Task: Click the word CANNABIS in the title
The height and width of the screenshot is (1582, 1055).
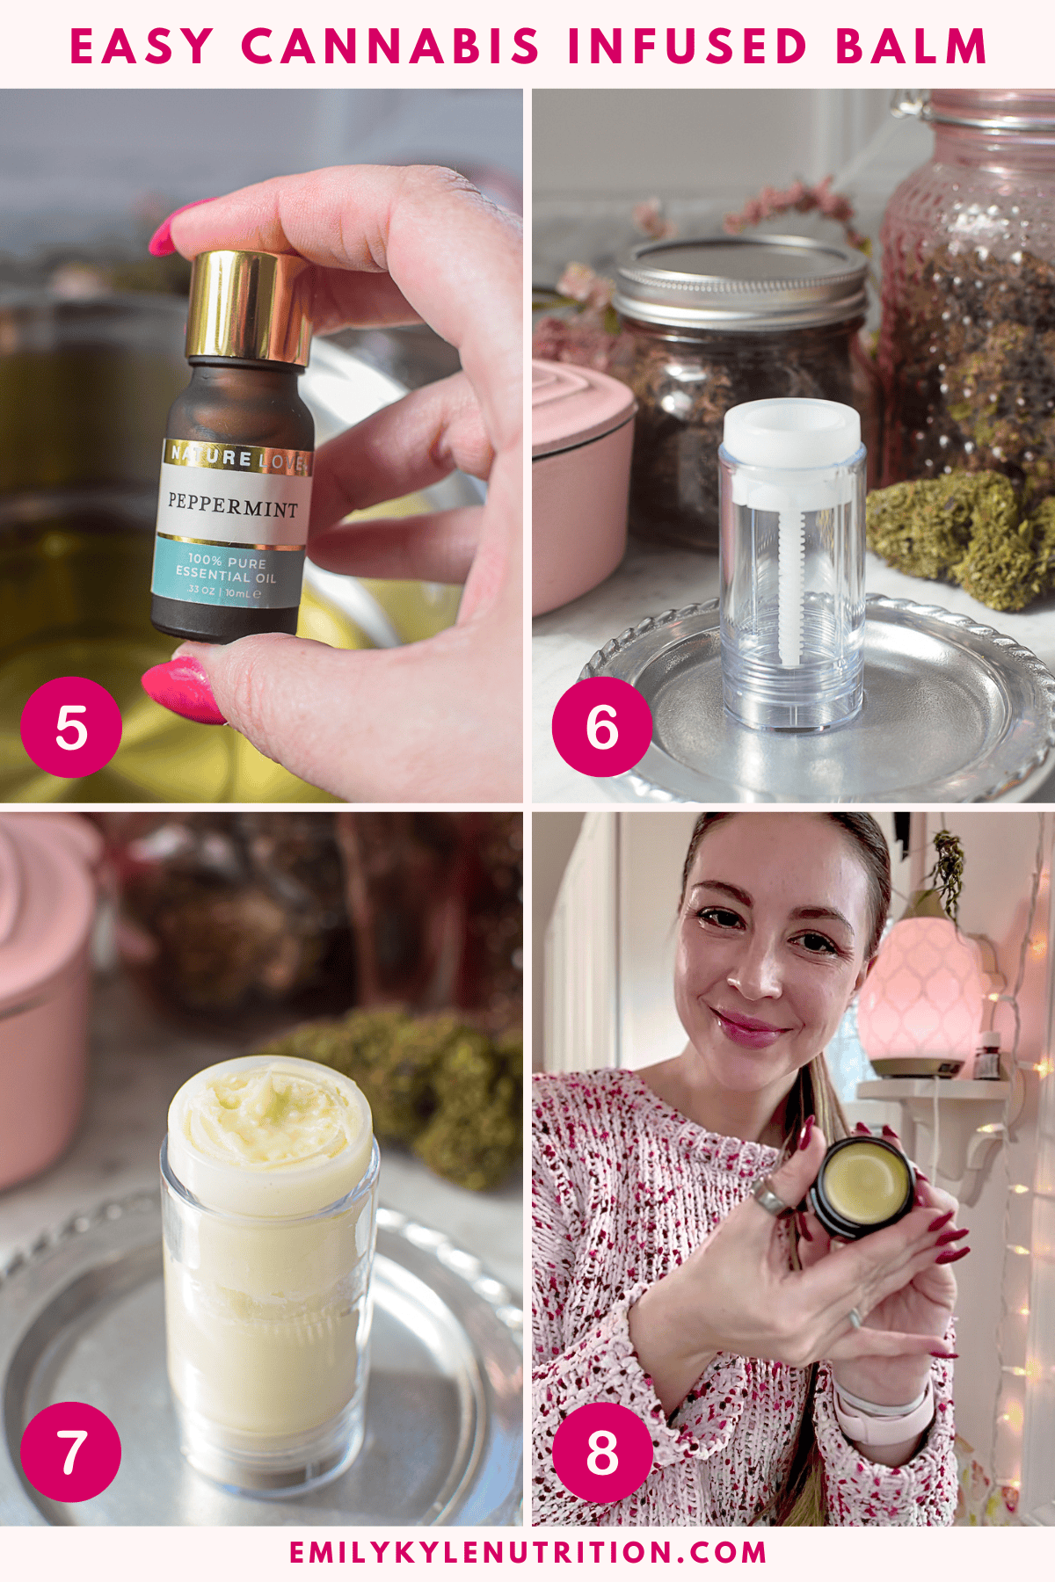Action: [390, 46]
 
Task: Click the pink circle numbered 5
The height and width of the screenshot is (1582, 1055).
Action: [71, 727]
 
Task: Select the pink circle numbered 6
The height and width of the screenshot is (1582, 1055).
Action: [602, 727]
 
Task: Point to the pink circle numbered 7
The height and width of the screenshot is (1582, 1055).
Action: [71, 1451]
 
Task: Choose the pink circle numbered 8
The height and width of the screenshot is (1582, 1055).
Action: [602, 1451]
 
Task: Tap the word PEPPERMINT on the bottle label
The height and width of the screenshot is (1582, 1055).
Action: [233, 504]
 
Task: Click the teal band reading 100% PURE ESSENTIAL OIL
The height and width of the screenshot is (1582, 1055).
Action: [227, 571]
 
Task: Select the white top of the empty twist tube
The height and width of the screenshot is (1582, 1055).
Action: [791, 433]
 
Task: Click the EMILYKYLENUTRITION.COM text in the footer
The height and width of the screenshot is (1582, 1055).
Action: [527, 1551]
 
